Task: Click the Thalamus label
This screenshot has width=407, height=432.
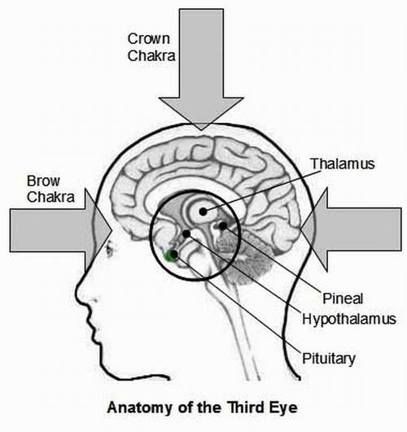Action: (343, 164)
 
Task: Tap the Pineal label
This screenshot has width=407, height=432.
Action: (343, 299)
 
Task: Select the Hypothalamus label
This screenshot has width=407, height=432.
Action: (349, 319)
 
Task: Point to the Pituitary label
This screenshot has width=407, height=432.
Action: (329, 359)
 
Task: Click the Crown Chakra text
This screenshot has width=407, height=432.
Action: (151, 47)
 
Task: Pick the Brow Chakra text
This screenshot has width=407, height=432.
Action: (50, 189)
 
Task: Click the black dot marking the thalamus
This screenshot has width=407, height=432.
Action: (203, 212)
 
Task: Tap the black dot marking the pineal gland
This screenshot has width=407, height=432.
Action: (223, 226)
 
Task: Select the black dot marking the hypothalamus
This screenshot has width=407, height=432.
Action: (186, 233)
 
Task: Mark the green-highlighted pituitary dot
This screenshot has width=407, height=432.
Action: (173, 255)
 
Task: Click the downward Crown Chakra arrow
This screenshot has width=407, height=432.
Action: (201, 69)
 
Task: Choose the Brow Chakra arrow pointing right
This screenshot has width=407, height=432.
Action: (61, 230)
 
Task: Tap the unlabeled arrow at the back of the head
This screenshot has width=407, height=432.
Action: (351, 230)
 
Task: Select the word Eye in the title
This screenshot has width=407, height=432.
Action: (285, 408)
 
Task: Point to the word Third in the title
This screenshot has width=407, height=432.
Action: (247, 408)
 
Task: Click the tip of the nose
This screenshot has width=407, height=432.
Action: (77, 294)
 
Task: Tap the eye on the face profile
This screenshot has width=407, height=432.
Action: (109, 248)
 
